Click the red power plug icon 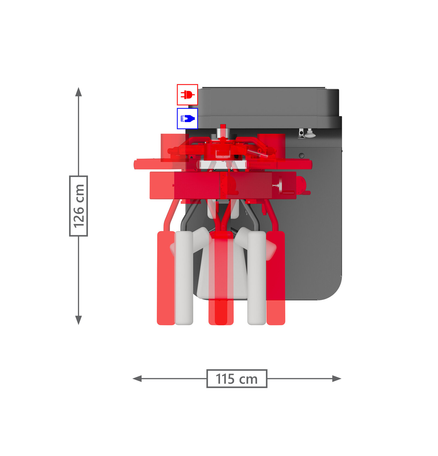pos(187,95)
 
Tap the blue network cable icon pos(187,118)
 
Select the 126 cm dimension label pos(79,206)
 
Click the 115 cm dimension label pos(237,379)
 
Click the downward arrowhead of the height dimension pos(79,320)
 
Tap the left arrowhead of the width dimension pos(137,379)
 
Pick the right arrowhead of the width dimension pos(337,379)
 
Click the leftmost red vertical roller pos(166,278)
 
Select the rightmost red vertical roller pos(276,278)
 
